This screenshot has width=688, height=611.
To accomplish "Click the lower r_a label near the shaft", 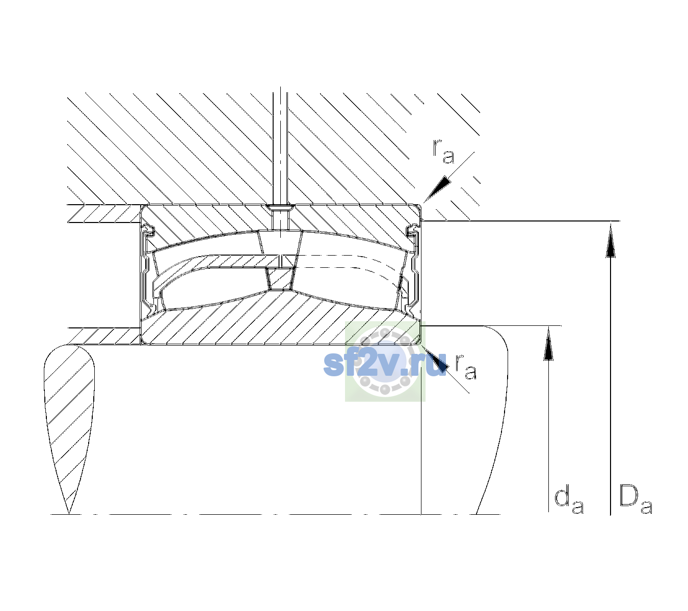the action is (466, 367).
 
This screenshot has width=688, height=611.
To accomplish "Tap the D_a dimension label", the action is (636, 499).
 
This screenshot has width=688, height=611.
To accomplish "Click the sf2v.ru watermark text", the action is (385, 364).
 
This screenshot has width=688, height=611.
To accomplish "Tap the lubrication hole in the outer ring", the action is (280, 217).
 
